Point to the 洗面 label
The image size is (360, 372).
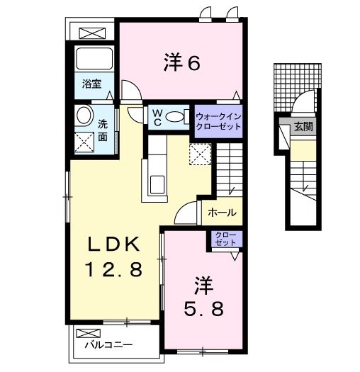103,128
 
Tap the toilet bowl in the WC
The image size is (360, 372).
178,117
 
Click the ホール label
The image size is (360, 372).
222,213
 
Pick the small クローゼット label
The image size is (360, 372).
224,239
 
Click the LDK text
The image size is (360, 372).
115,245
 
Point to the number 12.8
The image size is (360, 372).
115,269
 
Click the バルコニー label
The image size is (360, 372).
107,346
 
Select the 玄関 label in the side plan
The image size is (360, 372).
303,128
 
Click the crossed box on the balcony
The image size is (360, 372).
89,333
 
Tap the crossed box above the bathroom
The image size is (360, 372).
91,33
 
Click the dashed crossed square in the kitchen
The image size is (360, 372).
201,153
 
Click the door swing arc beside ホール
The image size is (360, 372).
189,212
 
